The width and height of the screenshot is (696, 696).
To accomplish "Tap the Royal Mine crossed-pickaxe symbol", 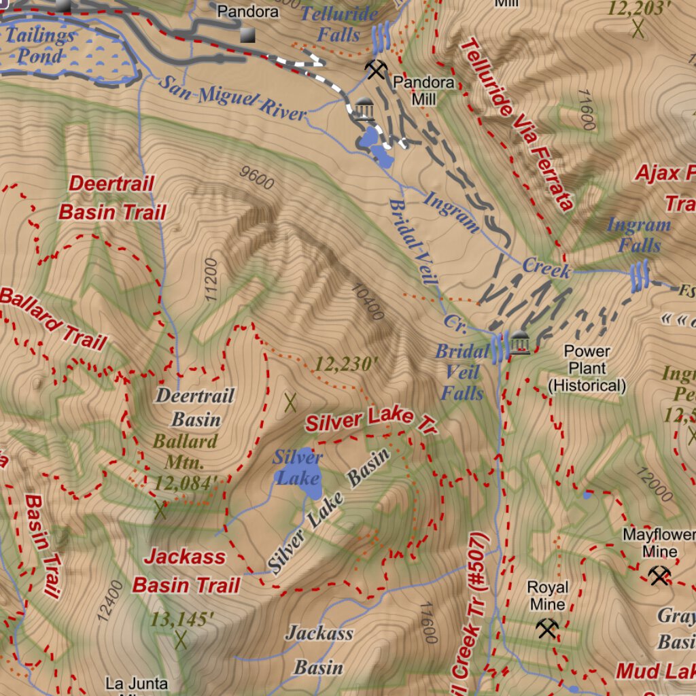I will (x=547, y=629).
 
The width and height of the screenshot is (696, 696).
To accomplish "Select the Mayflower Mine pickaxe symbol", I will (x=659, y=576).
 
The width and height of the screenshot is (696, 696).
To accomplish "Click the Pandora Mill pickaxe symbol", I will (x=375, y=69).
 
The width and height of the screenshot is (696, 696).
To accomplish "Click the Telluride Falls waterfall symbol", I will (x=381, y=38).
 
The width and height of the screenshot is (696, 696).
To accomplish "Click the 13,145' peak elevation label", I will (x=182, y=619).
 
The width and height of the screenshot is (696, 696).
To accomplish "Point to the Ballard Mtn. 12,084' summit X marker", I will (x=160, y=509).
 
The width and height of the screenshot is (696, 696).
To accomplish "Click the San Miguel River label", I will (x=232, y=98).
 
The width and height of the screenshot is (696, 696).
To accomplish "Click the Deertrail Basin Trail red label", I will (x=112, y=198).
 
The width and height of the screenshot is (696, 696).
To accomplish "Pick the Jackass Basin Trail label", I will (x=186, y=571).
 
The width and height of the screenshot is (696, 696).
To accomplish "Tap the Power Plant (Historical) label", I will (x=587, y=368).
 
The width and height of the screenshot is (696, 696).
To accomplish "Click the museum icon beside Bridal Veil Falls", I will (x=520, y=343).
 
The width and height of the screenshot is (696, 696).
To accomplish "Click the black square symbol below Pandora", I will (x=247, y=35).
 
